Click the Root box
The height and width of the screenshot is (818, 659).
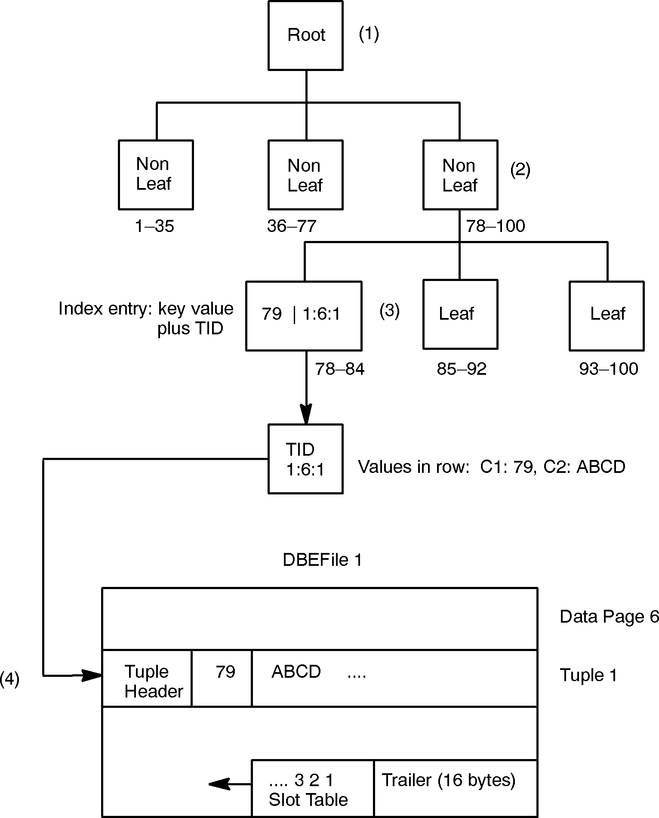coord(305,35)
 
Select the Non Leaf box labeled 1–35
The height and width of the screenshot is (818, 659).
coord(156,175)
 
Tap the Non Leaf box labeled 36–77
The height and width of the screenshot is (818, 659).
coord(305,175)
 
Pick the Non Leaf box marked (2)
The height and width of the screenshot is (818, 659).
coord(460,175)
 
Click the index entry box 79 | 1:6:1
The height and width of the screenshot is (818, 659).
coord(304,316)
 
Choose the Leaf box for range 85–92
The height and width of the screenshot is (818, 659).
coord(460,314)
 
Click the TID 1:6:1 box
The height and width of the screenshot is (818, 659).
coord(305,459)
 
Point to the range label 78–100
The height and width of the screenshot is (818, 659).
coord(496,226)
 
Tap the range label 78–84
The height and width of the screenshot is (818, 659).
coord(340,369)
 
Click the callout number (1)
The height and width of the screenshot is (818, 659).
coord(369,34)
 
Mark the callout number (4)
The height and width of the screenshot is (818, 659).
coord(9,679)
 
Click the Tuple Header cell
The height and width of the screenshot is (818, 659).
coord(147,681)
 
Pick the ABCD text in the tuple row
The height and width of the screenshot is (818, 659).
coord(296,672)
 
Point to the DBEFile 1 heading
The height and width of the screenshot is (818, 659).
coord(322,560)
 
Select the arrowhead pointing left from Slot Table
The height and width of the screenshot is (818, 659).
coord(218,784)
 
